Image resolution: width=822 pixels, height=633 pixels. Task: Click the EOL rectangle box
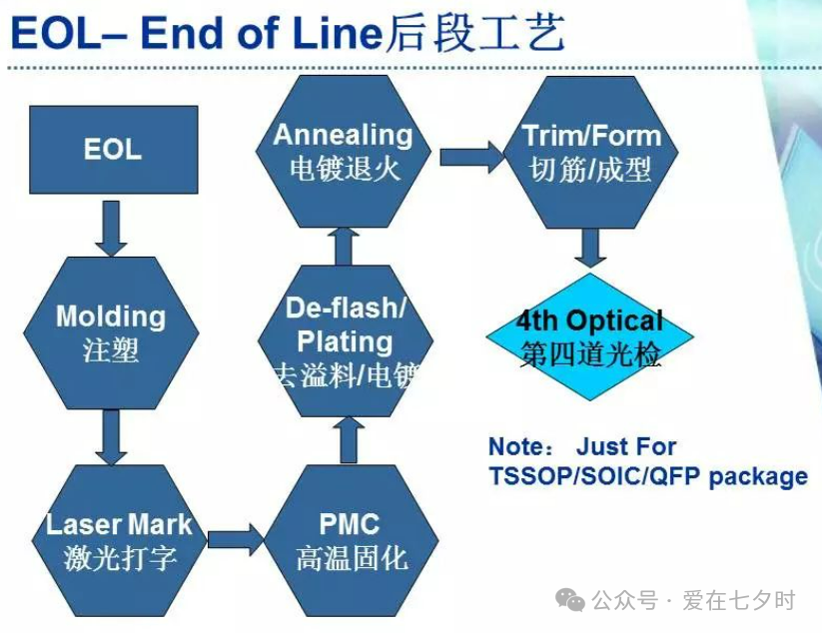click(x=112, y=150)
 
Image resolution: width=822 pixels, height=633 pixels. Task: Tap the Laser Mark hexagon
click(x=119, y=540)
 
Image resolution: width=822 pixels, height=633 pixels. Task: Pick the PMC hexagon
click(x=351, y=540)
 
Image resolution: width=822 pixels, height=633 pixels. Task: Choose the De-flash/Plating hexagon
click(x=345, y=340)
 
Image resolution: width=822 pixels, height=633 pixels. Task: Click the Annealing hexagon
click(x=343, y=150)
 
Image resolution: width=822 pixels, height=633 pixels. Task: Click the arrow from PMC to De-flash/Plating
click(x=348, y=439)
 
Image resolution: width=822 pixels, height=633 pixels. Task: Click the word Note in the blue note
click(x=514, y=446)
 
